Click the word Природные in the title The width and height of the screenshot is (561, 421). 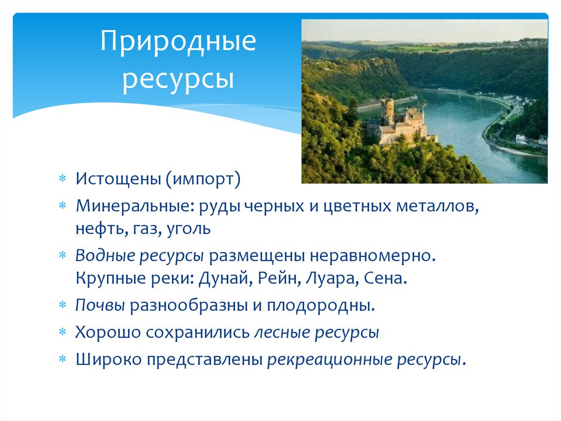pyautogui.click(x=178, y=43)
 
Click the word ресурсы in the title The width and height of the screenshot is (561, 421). pyautogui.click(x=178, y=78)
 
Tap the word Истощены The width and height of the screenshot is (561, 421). pyautogui.click(x=118, y=179)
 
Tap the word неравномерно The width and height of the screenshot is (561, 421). pyautogui.click(x=374, y=256)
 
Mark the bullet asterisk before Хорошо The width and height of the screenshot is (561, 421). pyautogui.click(x=63, y=333)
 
